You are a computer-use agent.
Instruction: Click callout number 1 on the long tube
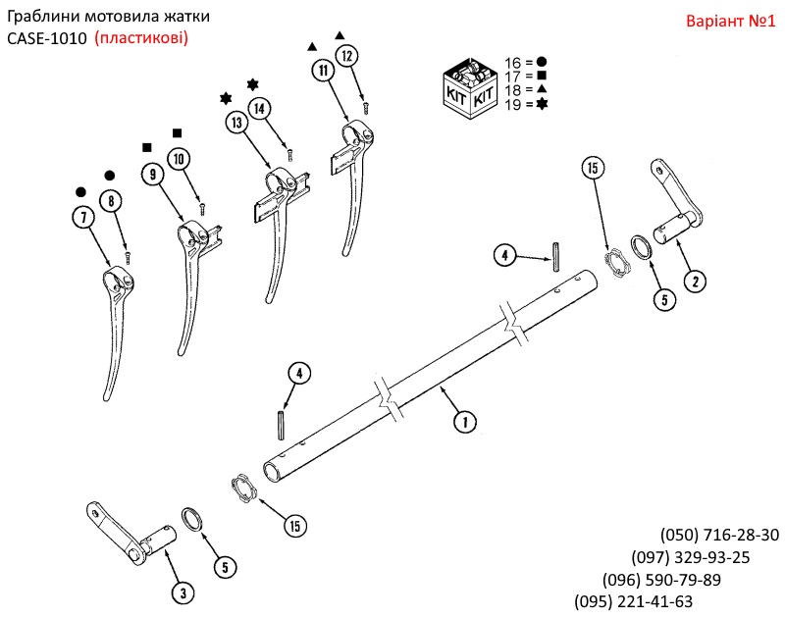(462, 422)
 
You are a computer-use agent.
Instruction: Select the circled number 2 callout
(694, 282)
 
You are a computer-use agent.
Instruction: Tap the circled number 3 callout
(181, 592)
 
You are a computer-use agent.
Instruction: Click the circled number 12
(345, 56)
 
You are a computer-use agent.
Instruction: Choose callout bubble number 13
(235, 123)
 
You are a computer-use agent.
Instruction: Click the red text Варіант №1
(728, 20)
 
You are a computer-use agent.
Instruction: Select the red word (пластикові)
(141, 37)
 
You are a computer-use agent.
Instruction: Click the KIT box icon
(471, 86)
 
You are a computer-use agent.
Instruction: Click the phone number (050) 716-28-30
(719, 535)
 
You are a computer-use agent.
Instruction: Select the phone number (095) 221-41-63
(633, 601)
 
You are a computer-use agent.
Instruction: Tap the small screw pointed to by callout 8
(128, 257)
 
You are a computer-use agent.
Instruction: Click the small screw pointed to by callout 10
(202, 208)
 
